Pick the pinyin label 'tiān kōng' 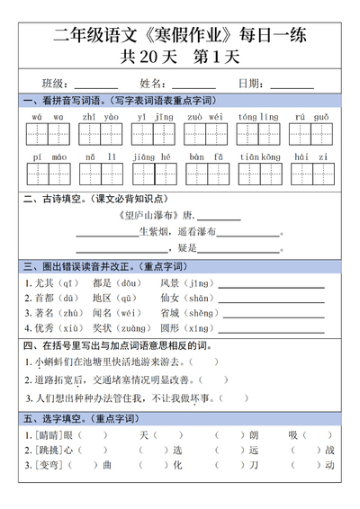258,156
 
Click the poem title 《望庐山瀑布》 148,217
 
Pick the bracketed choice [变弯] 46,465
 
